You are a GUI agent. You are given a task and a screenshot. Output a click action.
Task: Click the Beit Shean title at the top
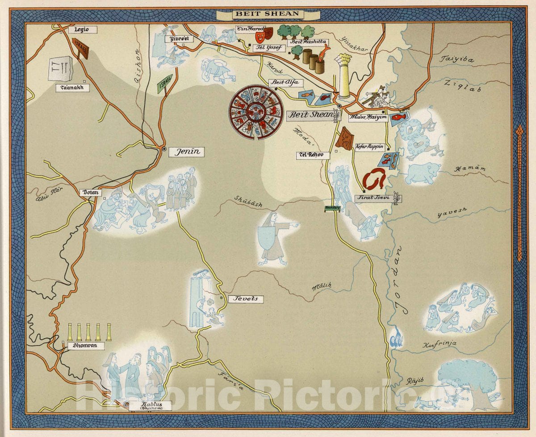coord(268,14)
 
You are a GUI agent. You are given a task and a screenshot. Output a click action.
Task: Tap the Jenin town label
coord(186,152)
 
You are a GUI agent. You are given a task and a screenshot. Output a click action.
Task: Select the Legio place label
coord(82,30)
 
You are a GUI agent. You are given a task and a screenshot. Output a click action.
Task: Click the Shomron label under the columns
coord(86,346)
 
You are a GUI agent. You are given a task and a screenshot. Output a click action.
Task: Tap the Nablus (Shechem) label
coord(144,406)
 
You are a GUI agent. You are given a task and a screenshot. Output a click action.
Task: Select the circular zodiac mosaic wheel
coord(256,112)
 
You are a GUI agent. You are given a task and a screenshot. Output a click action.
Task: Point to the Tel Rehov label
coord(313,155)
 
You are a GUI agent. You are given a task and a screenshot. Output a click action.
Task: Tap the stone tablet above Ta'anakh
coord(60,68)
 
